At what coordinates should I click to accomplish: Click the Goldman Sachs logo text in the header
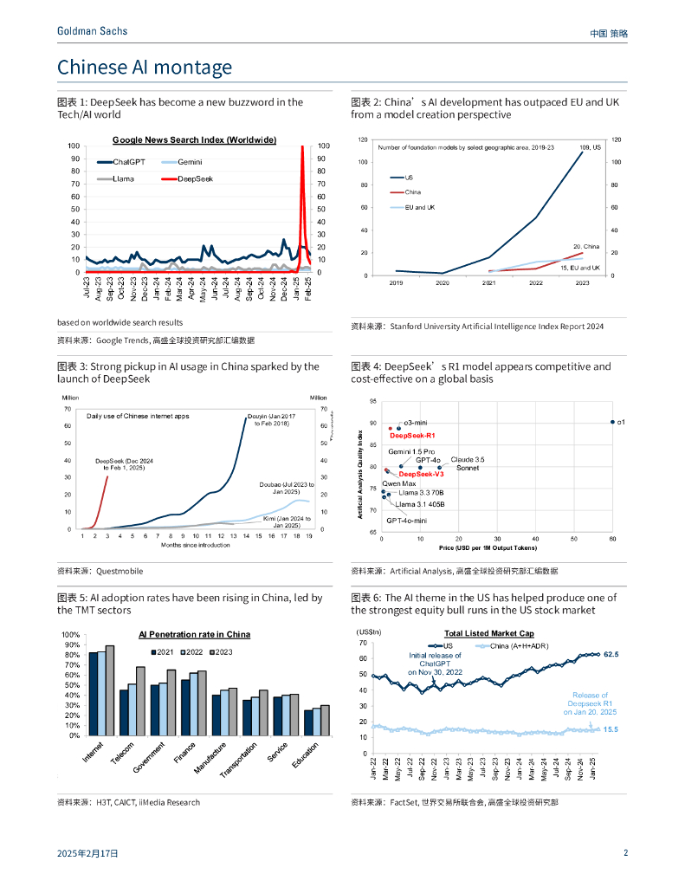coord(92,31)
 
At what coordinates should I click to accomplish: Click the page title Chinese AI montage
coord(145,68)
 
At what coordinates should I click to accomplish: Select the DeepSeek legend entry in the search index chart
coord(196,178)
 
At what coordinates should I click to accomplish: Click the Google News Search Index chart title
coord(194,139)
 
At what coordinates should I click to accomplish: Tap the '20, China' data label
coord(586,246)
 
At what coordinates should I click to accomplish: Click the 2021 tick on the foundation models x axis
coord(489,283)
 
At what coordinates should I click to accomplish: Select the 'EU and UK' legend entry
coord(420,208)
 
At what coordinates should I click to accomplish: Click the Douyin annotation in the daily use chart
coord(271,421)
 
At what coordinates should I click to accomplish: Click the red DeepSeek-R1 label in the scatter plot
coord(412,436)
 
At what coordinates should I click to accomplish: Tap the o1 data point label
coord(621,422)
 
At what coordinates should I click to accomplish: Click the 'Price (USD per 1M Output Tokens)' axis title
coord(487,548)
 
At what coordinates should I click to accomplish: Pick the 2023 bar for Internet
coord(110,690)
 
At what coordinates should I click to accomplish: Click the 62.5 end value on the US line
coord(611,655)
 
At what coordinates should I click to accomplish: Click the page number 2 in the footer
coord(625,853)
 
